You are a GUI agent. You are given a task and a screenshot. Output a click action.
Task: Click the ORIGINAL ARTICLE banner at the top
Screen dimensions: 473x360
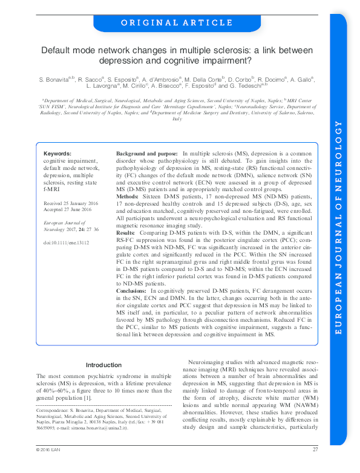click(176, 23)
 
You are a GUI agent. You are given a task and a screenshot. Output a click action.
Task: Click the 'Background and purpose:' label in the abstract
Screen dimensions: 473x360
click(147, 154)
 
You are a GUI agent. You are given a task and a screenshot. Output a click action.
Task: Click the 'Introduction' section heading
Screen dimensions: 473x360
click(104, 365)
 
